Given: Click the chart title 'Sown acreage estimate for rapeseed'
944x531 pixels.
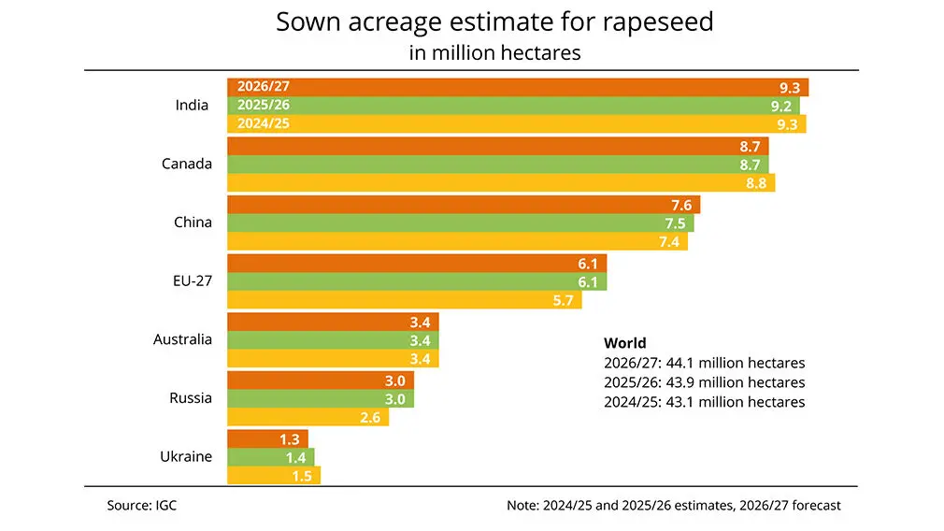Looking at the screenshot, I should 494,22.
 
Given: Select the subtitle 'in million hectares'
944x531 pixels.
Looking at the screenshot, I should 494,52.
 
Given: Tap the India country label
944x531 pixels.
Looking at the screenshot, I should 192,105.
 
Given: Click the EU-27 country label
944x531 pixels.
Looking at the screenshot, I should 191,280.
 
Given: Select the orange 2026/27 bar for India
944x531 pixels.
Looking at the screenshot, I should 517,87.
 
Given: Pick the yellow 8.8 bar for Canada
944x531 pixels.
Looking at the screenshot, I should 501,183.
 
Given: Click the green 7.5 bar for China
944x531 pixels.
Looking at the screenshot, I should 460,222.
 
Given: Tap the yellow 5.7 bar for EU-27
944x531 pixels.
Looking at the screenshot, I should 404,300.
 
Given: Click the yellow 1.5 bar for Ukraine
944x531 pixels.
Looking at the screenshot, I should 273,476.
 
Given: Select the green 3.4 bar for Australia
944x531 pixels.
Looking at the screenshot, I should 333,339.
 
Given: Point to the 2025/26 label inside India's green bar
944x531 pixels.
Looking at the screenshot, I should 265,105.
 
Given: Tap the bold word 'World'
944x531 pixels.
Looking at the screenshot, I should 625,343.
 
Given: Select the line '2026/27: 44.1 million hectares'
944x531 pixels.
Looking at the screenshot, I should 704,363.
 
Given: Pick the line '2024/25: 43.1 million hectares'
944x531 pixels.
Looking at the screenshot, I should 704,402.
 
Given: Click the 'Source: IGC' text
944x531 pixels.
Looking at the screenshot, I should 141,505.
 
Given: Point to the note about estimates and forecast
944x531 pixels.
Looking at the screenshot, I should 673,505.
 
